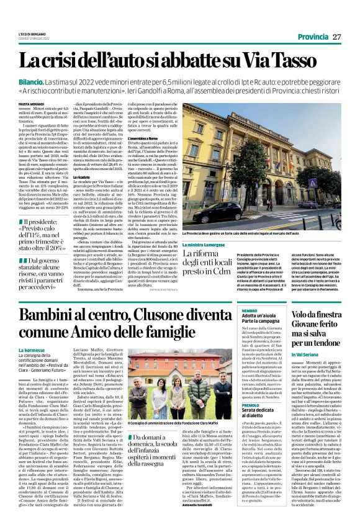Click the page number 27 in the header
(336, 37)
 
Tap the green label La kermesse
(31, 351)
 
